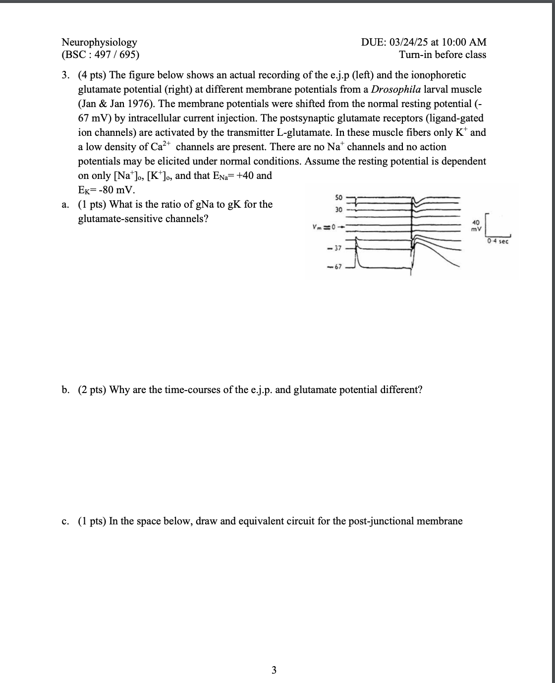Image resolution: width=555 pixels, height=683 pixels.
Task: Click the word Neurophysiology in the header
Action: (99, 42)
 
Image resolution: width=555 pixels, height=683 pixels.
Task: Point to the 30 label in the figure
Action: (339, 210)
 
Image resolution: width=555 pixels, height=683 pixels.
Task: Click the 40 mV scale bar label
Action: (476, 226)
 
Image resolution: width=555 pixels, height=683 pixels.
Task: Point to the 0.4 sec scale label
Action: (498, 241)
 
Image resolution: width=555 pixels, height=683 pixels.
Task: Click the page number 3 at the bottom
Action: (274, 671)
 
